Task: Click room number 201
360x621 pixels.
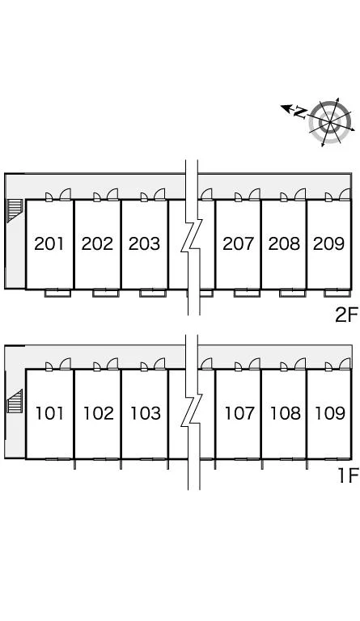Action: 49,243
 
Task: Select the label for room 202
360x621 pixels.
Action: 97,243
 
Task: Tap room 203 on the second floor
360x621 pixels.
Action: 144,243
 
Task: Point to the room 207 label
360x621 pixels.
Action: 238,243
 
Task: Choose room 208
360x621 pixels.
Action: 284,243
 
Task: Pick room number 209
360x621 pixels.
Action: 328,243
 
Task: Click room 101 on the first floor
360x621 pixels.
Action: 49,413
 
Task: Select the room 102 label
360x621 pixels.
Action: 98,413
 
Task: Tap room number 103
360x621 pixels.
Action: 146,413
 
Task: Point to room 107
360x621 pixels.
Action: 239,413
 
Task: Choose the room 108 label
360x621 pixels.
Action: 285,413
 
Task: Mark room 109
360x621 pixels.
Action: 330,413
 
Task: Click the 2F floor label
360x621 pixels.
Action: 346,315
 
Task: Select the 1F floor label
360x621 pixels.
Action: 348,475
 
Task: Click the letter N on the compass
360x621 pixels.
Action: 301,112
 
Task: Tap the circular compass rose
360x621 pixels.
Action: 330,121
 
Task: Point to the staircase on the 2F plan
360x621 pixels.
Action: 15,210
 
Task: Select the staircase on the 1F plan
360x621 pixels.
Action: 15,401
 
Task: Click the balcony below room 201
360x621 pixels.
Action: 57,293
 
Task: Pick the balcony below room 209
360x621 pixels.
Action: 337,293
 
